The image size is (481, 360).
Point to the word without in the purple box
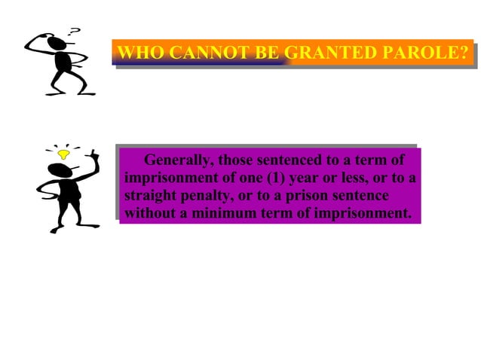[149, 214]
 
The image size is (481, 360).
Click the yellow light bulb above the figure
[64, 154]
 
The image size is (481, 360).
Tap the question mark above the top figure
[74, 32]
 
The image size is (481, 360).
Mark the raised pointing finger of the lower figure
[93, 155]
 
